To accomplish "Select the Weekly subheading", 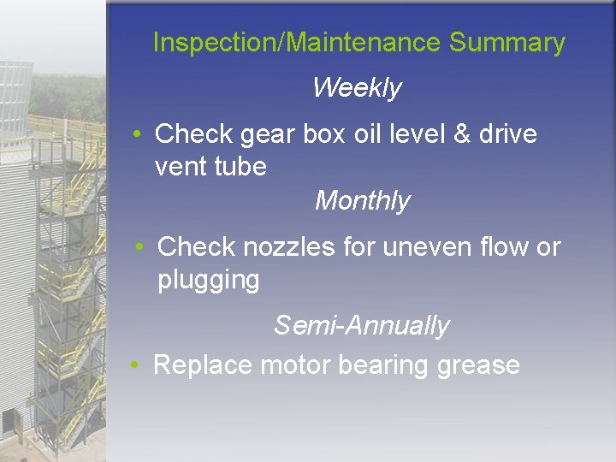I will point(357,87).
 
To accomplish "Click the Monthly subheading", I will point(362,201).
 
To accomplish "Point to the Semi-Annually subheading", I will point(361,325).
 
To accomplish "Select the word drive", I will point(502,134).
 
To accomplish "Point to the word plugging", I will point(209,281).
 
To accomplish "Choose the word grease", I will point(478,366).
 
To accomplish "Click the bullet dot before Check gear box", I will point(137,135).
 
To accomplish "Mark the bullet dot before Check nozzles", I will point(140,248).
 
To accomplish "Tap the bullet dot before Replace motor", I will point(136,366).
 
